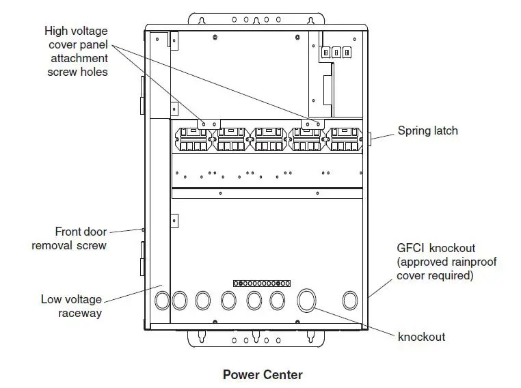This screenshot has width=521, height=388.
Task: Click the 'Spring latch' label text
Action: coord(427,130)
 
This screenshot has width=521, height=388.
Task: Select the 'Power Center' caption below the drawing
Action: coord(262,374)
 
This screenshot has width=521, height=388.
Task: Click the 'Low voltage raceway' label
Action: coord(71,306)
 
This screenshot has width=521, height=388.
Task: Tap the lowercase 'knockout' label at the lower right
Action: coord(421,337)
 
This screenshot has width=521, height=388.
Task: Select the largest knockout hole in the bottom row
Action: coord(307,300)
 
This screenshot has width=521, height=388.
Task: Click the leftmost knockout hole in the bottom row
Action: coord(163,299)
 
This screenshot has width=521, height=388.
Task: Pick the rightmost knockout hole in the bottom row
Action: coord(350,299)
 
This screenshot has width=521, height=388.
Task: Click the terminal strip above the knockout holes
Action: coord(263,282)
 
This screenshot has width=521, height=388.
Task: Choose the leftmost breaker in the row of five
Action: coord(194,139)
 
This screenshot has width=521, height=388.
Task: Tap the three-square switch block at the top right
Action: coord(336,52)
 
